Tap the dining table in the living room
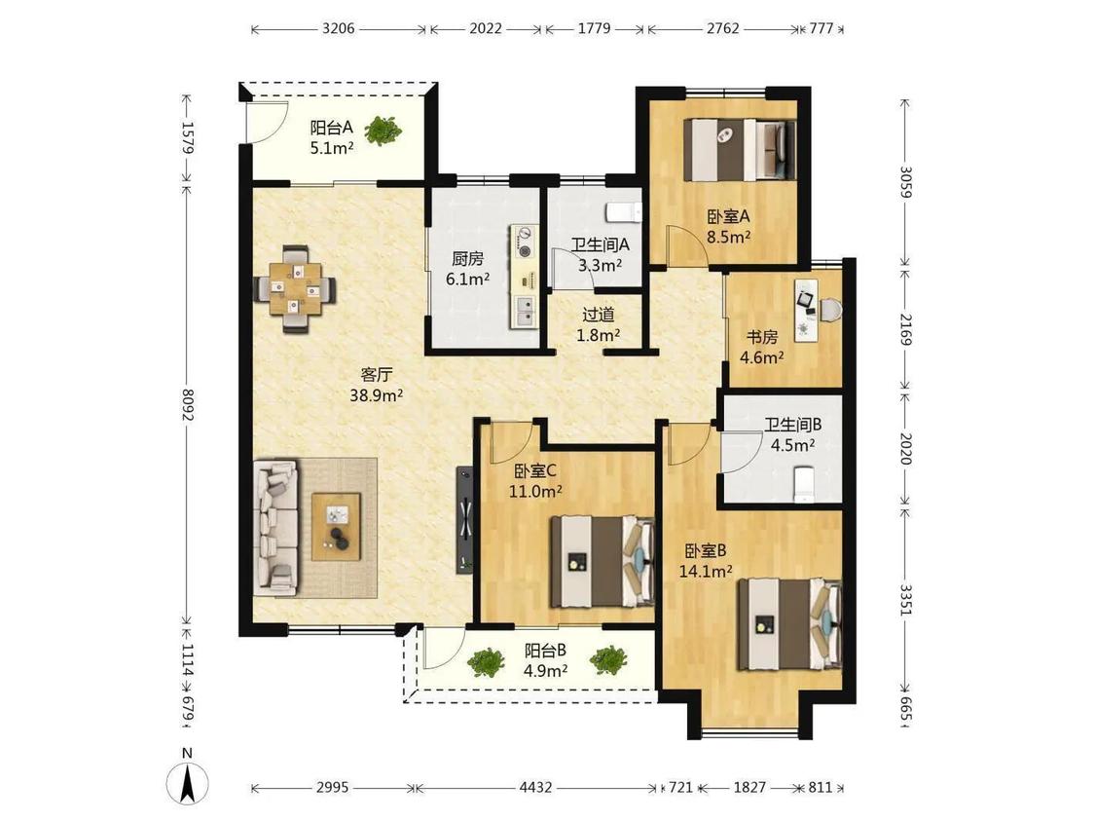click(296, 288)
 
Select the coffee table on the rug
click(336, 526)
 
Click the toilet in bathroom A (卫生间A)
click(624, 211)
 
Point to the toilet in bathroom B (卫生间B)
click(805, 484)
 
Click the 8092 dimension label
click(187, 405)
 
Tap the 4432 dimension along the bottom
click(535, 788)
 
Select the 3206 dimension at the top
click(338, 28)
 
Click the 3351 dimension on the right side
click(905, 600)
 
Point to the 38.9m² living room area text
click(377, 395)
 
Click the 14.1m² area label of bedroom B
click(706, 571)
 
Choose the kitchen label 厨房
click(467, 259)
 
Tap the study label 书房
click(761, 337)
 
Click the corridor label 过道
click(599, 316)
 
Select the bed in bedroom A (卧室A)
click(740, 147)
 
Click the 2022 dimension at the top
click(486, 28)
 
